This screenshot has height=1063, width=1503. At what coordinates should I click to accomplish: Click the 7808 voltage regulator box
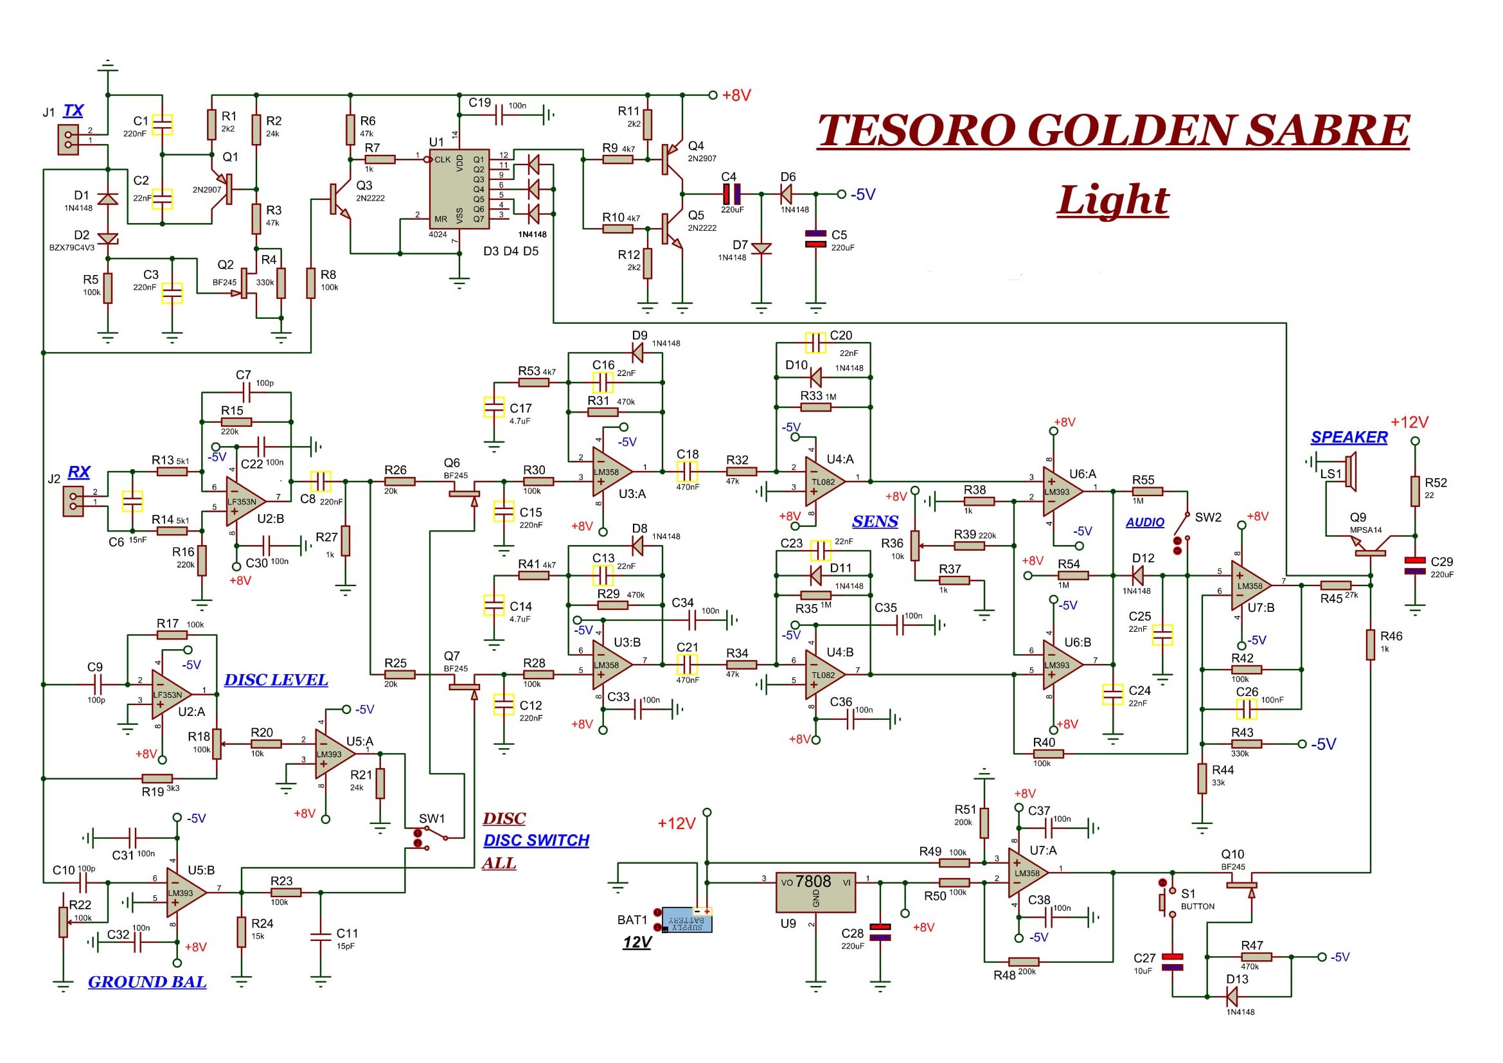815,891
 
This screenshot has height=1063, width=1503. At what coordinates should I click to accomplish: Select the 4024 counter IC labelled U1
459,189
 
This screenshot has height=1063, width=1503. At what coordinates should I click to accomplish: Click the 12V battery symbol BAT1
687,919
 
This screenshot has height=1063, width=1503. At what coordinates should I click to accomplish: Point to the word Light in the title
1113,200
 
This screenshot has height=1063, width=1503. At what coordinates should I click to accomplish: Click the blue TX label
73,111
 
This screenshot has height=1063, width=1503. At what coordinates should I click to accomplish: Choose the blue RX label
78,472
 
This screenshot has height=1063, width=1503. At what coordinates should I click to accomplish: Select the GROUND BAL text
147,982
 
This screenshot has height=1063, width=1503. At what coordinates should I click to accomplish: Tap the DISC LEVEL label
276,680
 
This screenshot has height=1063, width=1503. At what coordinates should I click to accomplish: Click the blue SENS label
875,522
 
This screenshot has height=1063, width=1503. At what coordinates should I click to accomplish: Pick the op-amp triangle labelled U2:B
246,501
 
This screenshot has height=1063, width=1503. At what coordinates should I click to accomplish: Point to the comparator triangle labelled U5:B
186,893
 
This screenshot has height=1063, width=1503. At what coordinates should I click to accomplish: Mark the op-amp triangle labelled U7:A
1028,873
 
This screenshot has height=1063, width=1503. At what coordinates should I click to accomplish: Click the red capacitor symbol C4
731,194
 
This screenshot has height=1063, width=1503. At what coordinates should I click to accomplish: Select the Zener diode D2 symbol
108,239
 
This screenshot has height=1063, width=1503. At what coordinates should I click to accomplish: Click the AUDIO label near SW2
1145,523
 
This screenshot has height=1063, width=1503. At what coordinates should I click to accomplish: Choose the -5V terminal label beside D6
863,194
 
